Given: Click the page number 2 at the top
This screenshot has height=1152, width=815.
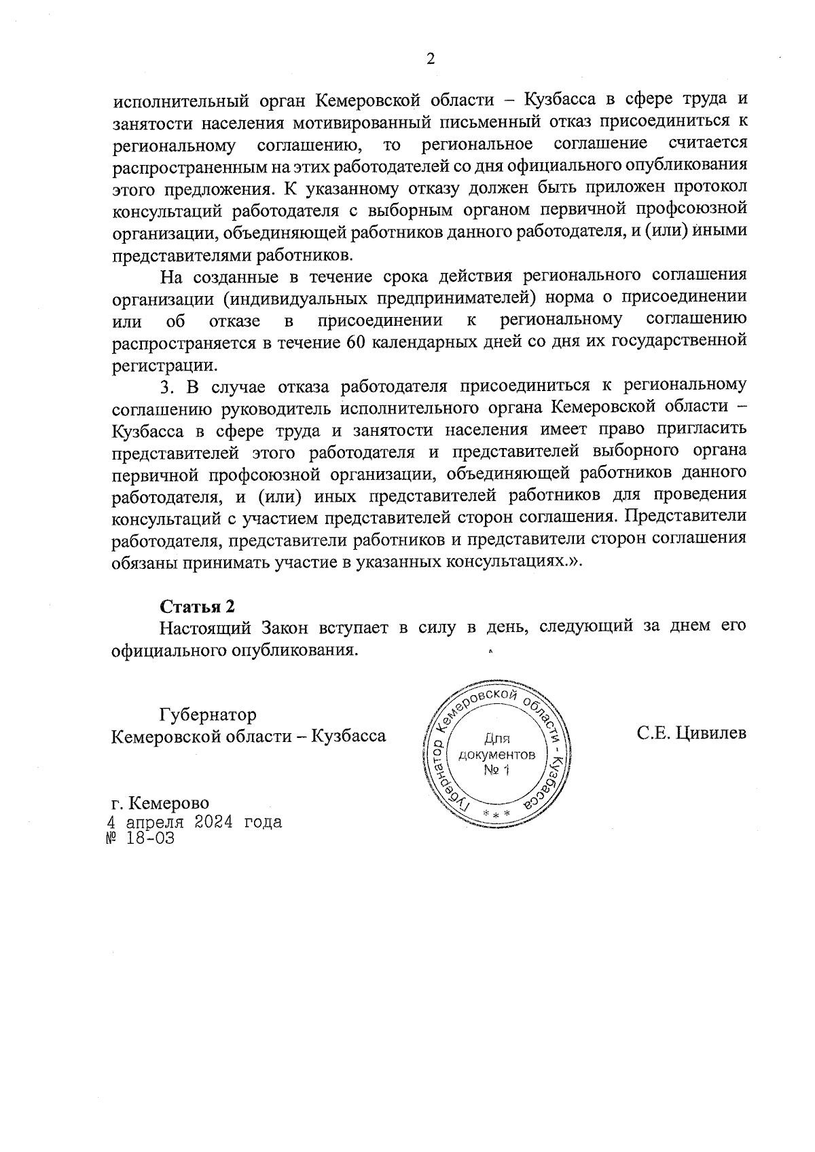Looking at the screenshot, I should click(x=429, y=58).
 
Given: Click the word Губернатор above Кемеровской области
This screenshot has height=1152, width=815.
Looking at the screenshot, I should click(x=208, y=715).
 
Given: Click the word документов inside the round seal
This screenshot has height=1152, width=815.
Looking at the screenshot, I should click(x=496, y=754).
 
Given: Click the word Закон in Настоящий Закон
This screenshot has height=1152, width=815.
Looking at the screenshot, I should click(x=280, y=627).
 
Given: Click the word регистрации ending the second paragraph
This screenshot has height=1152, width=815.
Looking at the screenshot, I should click(x=162, y=365).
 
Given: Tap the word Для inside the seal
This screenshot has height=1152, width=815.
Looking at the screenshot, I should click(x=496, y=739).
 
